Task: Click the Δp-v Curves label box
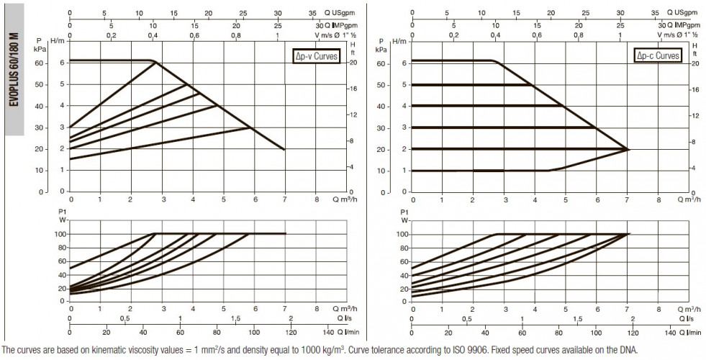click(x=316, y=56)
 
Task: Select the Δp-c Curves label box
click(x=658, y=55)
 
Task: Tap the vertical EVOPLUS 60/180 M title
click(x=14, y=70)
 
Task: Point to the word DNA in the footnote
click(x=631, y=351)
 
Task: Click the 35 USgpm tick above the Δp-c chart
click(x=655, y=13)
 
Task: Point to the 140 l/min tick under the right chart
click(x=670, y=333)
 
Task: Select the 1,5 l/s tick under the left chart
click(x=235, y=318)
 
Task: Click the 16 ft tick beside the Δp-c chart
click(x=694, y=90)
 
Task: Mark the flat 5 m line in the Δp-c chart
click(x=472, y=85)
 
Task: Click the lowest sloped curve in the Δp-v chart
click(x=160, y=143)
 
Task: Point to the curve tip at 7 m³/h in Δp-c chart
click(x=628, y=149)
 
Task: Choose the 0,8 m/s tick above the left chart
click(x=235, y=35)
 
